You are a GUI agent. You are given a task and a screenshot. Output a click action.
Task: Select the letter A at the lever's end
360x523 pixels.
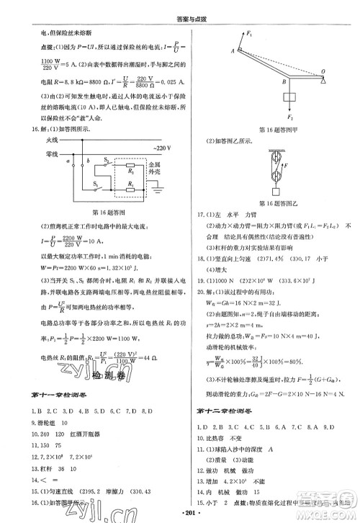click(x=233, y=50)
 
